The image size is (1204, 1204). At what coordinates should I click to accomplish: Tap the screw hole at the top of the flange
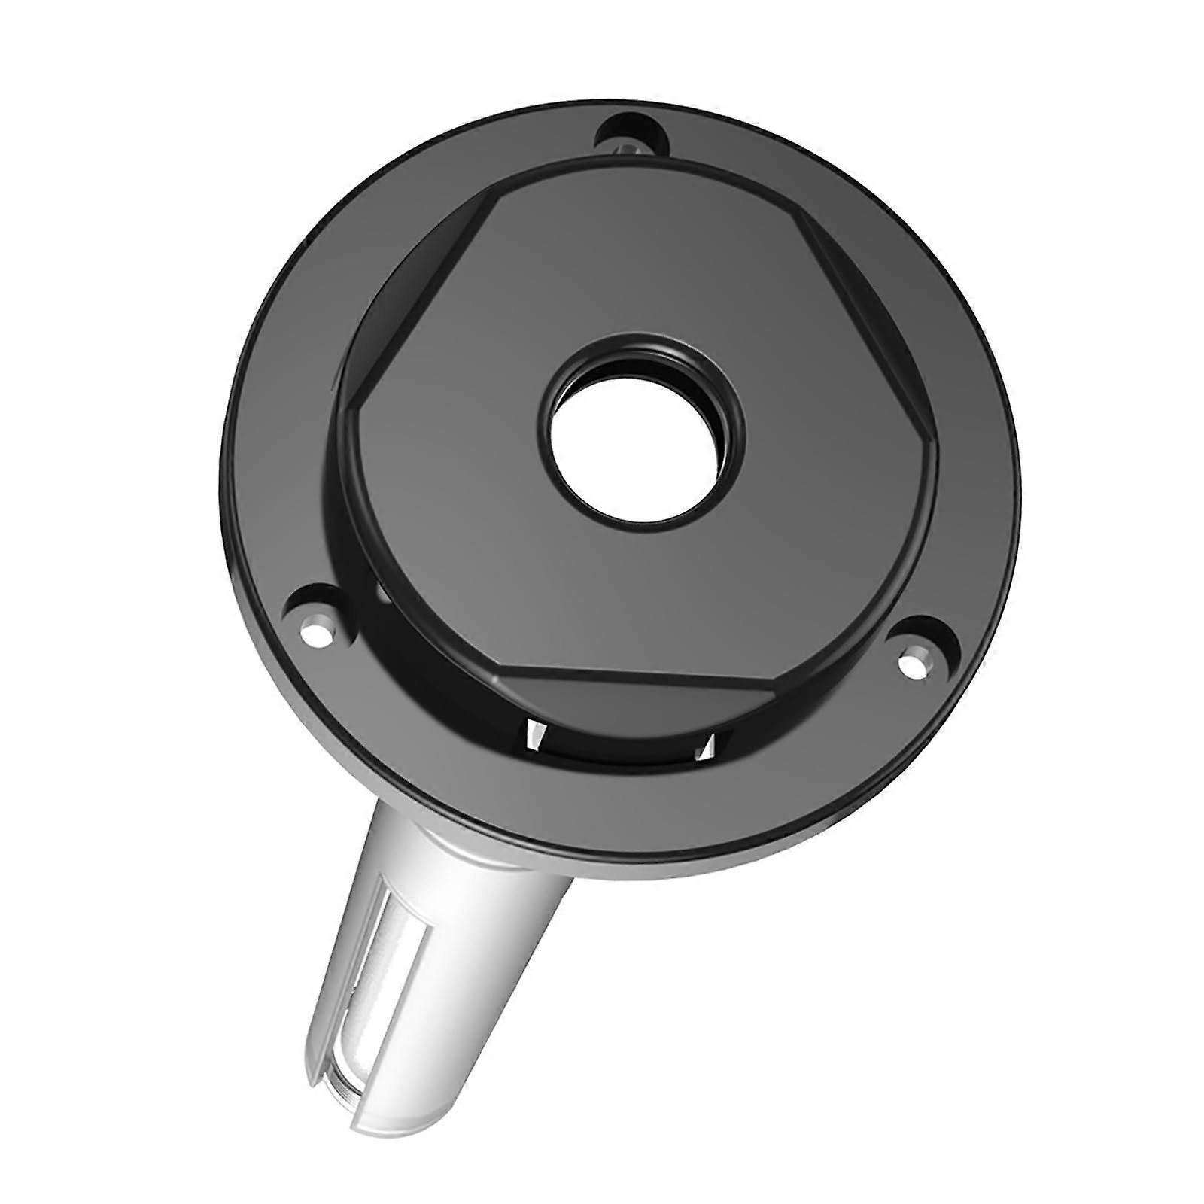coord(631,136)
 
